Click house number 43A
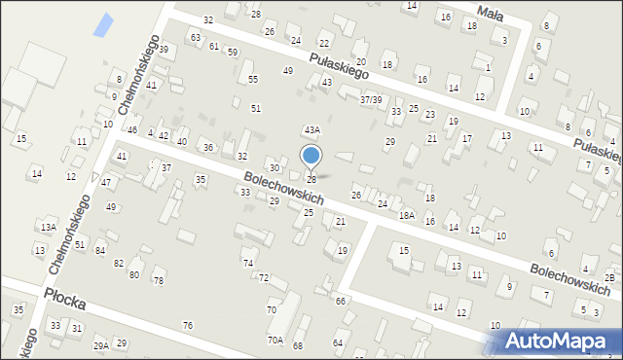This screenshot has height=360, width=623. [311, 129]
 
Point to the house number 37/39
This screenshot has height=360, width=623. [370, 99]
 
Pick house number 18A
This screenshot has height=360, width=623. [406, 215]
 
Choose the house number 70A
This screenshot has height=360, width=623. [275, 340]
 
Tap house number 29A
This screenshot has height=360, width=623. [100, 344]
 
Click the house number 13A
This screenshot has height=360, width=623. [48, 227]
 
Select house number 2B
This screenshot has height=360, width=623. [608, 278]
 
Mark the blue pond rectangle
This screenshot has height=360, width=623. [101, 25]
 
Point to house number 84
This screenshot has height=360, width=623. [100, 251]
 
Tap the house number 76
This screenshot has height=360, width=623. [187, 325]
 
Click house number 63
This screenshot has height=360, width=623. [196, 38]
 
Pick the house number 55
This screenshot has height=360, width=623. [253, 79]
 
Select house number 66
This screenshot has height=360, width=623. [341, 301]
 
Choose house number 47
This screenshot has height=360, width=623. [106, 182]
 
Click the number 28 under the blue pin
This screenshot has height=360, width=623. [311, 179]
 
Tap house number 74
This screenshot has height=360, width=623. [248, 264]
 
